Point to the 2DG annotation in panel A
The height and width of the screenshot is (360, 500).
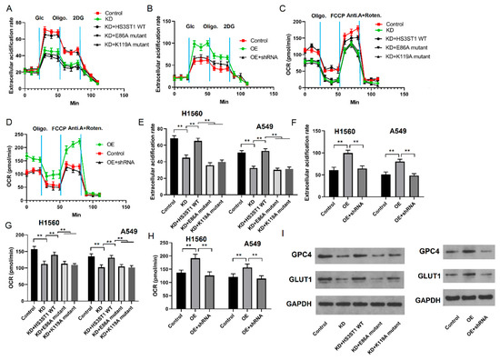click(81, 16)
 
